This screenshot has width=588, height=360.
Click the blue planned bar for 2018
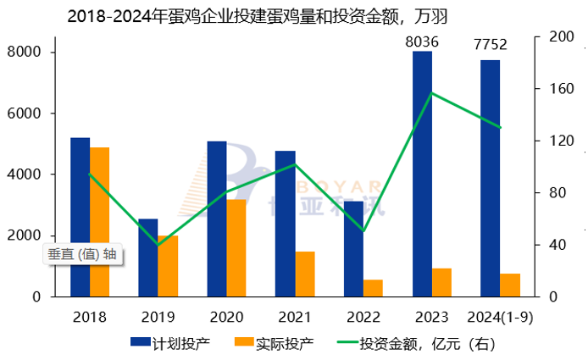(80, 216)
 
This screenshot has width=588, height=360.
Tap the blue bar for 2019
(148, 258)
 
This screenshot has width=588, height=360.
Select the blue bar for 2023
(422, 174)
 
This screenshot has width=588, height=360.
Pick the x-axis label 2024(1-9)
(500, 318)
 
